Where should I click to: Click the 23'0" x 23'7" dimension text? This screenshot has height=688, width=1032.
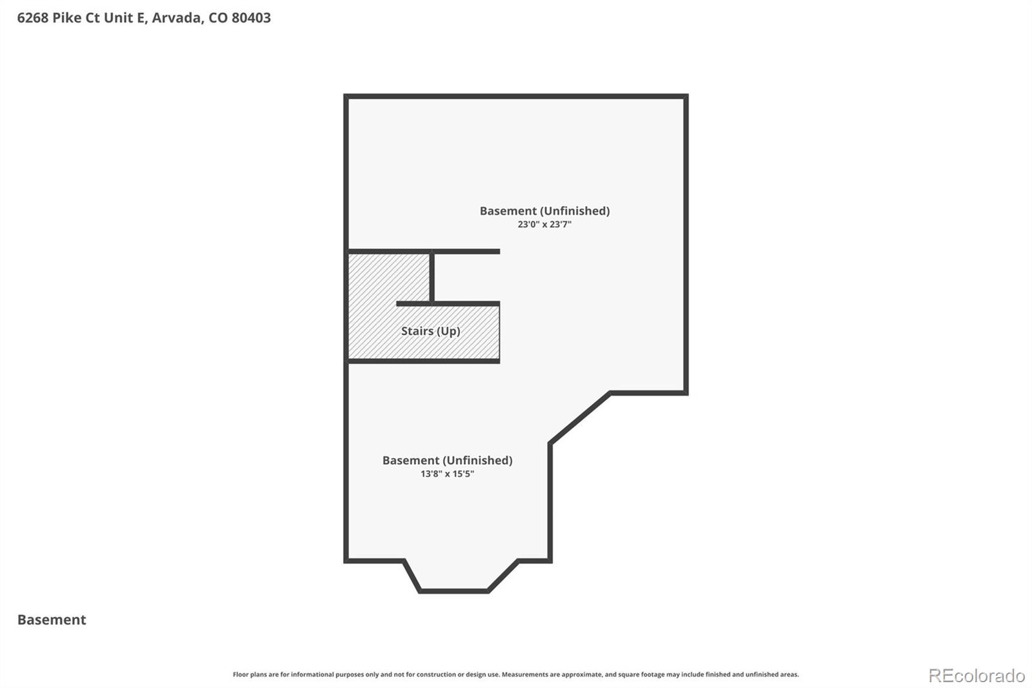[x=544, y=225]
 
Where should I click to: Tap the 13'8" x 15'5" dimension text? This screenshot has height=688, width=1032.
[x=447, y=474]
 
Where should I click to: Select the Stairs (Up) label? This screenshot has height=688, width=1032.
[x=430, y=331]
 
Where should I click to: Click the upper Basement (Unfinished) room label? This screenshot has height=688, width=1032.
[x=544, y=211]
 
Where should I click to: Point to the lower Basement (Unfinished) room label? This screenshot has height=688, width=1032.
[x=447, y=460]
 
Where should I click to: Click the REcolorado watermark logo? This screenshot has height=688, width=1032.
[x=977, y=676]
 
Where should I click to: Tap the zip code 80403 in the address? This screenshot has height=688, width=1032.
[x=251, y=18]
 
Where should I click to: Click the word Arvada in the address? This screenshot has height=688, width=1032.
[x=175, y=18]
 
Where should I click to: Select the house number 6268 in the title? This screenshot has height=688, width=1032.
[x=33, y=18]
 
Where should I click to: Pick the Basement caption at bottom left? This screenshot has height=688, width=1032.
[x=52, y=620]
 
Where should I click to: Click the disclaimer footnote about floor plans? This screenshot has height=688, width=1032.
[x=515, y=674]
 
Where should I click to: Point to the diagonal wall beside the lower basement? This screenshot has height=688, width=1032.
[x=580, y=417]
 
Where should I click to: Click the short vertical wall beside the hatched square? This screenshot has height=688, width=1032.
[x=432, y=277]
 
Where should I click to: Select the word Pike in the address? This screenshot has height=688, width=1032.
[x=67, y=18]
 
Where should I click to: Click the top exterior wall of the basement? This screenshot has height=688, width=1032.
[x=515, y=97]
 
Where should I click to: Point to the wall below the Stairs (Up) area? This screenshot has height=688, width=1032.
[x=424, y=361]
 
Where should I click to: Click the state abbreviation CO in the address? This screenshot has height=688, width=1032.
[x=217, y=18]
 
